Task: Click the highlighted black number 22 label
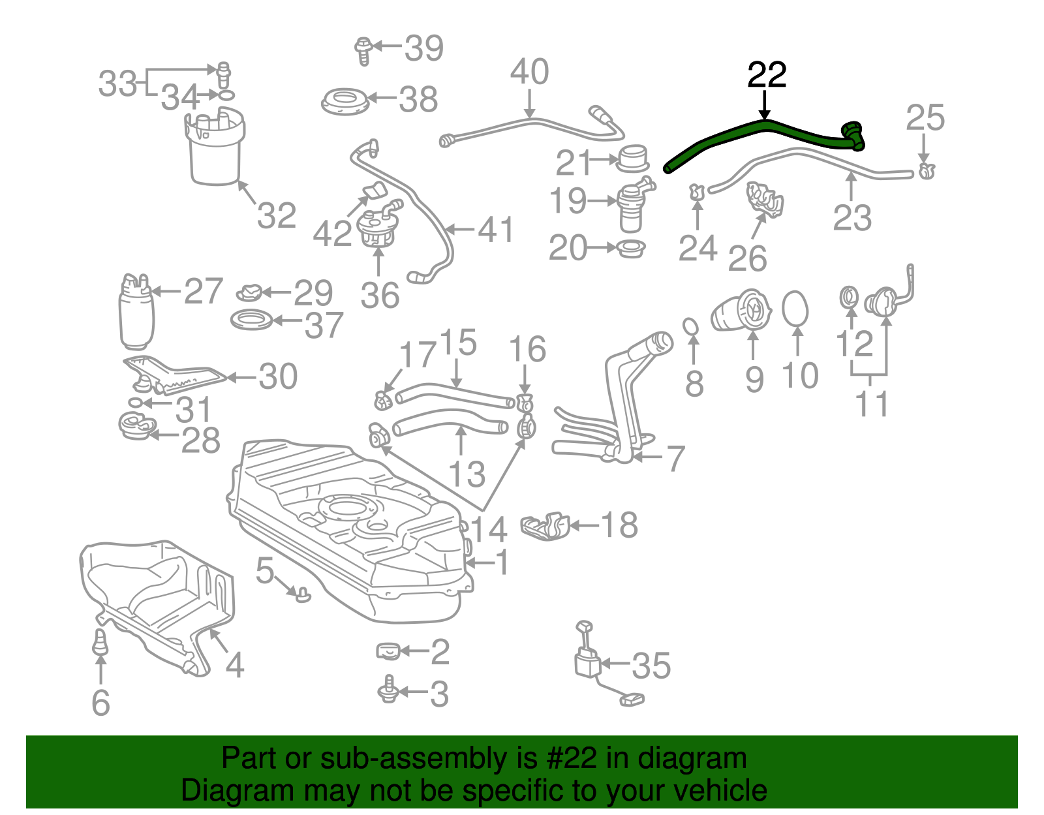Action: (x=767, y=75)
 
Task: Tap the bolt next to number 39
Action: (x=363, y=50)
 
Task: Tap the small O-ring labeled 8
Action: (x=691, y=326)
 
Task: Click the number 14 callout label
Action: (x=488, y=529)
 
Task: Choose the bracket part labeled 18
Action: (x=545, y=526)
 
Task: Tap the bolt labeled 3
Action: (x=389, y=690)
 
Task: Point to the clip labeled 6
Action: (x=100, y=641)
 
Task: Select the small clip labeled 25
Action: (x=927, y=172)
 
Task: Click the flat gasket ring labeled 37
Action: (x=252, y=320)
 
